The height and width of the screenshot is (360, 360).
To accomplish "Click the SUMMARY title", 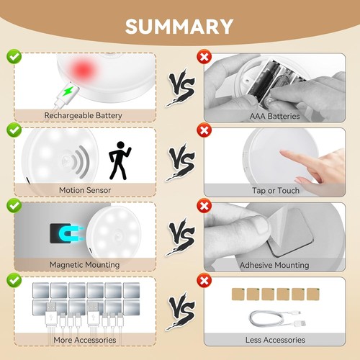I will point(179,26).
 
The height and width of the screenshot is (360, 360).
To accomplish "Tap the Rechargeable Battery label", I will point(84,115).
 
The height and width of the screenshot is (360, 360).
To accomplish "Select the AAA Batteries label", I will point(274,115).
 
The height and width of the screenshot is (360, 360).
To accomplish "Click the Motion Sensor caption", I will point(84,190).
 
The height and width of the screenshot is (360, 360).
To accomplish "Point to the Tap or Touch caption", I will point(274,190).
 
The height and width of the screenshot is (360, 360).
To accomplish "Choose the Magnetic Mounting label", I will point(84,265).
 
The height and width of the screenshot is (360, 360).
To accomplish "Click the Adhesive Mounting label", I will point(274,265).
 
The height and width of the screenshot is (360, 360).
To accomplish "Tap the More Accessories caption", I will point(84,340).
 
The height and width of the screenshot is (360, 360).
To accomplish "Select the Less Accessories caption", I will point(274,340).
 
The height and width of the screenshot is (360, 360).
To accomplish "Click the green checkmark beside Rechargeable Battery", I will point(14,55).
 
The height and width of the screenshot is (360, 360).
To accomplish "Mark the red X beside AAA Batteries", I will point(204,55).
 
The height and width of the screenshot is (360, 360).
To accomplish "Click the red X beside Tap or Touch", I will point(204,130).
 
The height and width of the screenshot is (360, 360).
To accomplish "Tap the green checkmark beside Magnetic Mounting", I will point(14,205).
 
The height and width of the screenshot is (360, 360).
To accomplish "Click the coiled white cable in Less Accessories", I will point(274,318).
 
